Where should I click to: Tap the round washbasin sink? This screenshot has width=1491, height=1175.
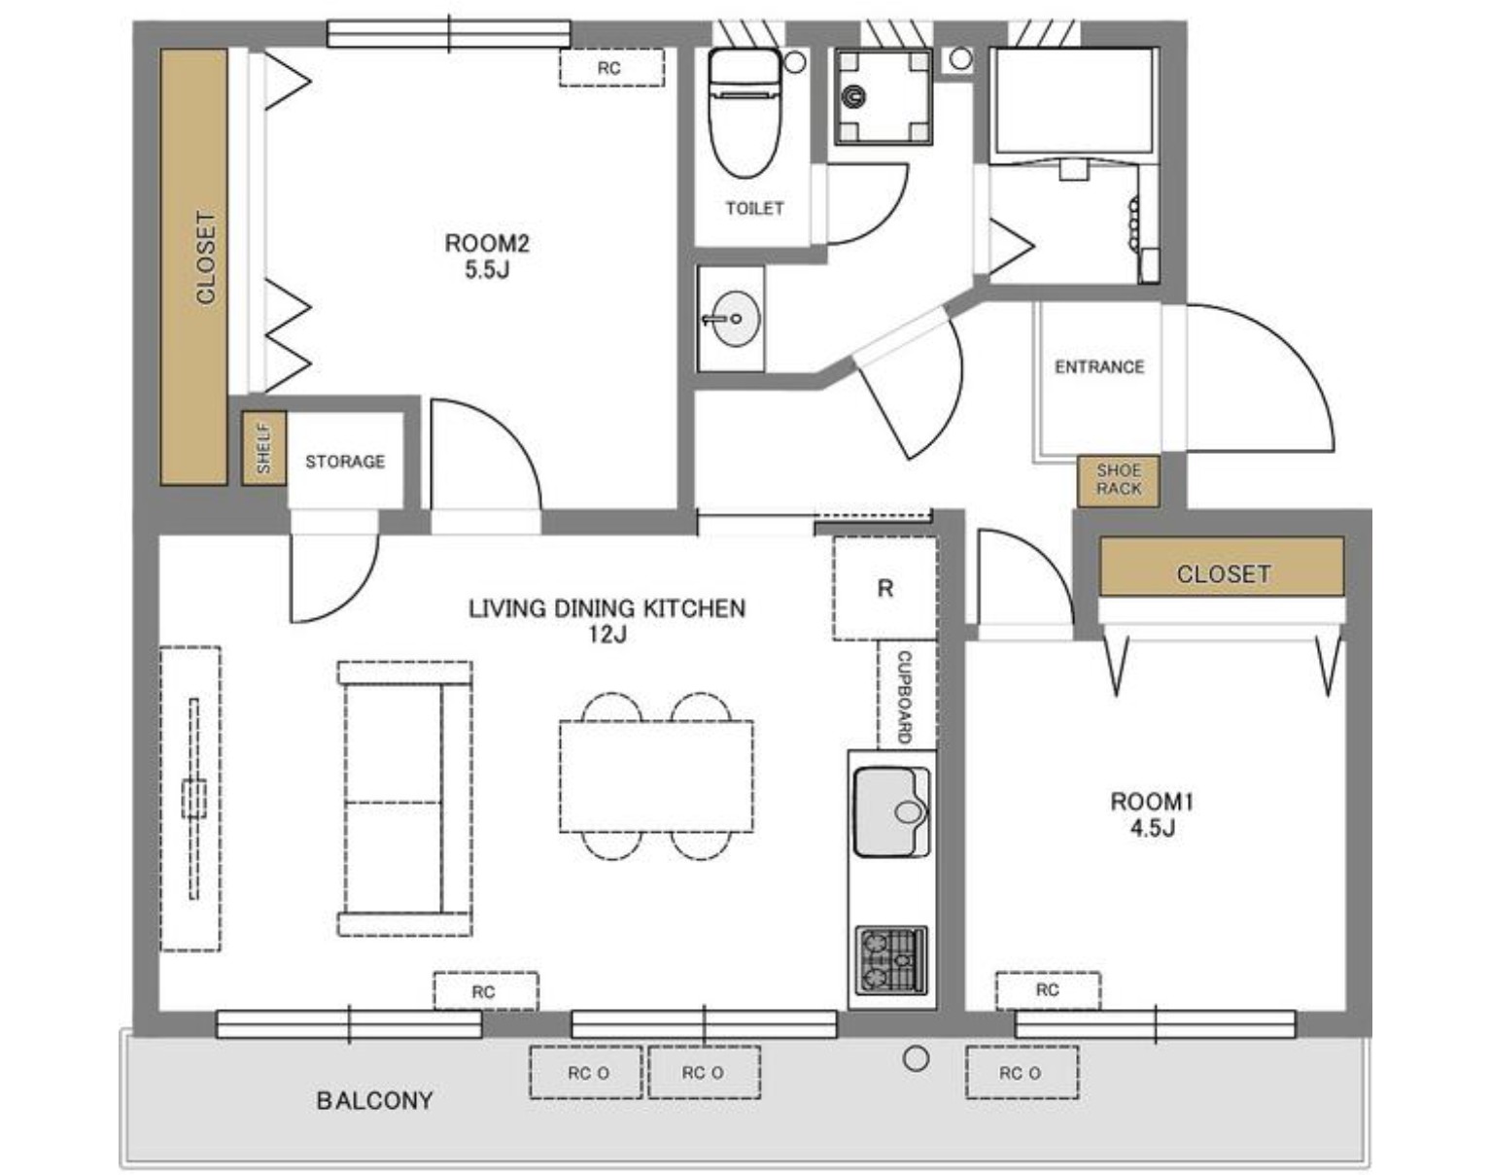(737, 319)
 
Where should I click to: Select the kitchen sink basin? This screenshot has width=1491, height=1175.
(891, 812)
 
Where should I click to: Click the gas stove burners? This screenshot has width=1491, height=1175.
(891, 959)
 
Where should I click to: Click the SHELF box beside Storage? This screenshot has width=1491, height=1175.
(264, 448)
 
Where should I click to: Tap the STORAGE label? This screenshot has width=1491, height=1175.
(345, 462)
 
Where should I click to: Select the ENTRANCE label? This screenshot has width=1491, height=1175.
(1099, 366)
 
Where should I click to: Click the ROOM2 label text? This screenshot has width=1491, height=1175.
(487, 243)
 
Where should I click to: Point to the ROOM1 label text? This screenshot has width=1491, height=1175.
(1152, 802)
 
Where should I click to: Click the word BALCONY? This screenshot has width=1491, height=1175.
(375, 1100)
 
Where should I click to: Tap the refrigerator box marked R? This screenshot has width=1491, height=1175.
(884, 588)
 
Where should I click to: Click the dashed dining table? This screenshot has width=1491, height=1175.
(656, 776)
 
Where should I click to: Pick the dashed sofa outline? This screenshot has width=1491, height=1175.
(405, 799)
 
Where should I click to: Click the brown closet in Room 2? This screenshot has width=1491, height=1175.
(194, 266)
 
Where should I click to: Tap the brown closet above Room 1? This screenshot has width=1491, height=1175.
(1222, 567)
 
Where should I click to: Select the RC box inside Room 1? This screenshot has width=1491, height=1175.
(1048, 990)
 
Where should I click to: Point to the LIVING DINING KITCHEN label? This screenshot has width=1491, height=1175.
(607, 608)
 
